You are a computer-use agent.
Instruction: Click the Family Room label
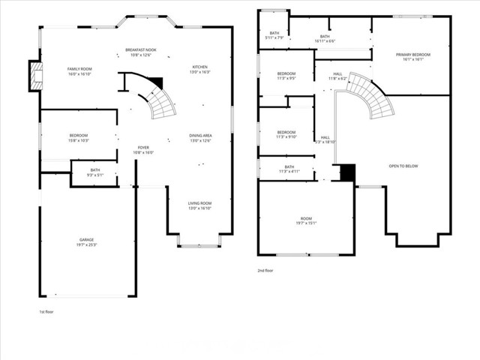(x=79, y=71)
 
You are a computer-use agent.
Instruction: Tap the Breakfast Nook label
(x=141, y=52)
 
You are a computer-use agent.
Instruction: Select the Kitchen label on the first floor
(x=200, y=69)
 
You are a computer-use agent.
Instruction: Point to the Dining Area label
(x=200, y=138)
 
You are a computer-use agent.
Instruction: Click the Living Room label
(x=199, y=205)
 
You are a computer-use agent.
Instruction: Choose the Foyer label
(x=143, y=149)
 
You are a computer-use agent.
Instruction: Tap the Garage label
(x=87, y=242)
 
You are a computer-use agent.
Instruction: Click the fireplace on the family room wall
(x=35, y=76)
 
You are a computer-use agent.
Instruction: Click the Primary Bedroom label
(x=413, y=57)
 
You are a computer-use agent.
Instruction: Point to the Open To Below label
(x=403, y=166)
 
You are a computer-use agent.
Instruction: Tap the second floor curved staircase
(x=370, y=97)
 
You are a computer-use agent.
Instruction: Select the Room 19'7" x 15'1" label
(x=306, y=220)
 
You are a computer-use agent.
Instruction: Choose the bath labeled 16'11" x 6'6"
(x=325, y=38)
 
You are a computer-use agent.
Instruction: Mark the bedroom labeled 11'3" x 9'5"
(x=286, y=75)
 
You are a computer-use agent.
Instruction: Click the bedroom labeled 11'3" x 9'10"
(x=286, y=134)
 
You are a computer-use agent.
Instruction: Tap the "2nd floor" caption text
(x=265, y=270)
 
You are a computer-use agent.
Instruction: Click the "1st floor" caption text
(x=47, y=311)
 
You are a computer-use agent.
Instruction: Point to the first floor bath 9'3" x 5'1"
(x=95, y=172)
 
